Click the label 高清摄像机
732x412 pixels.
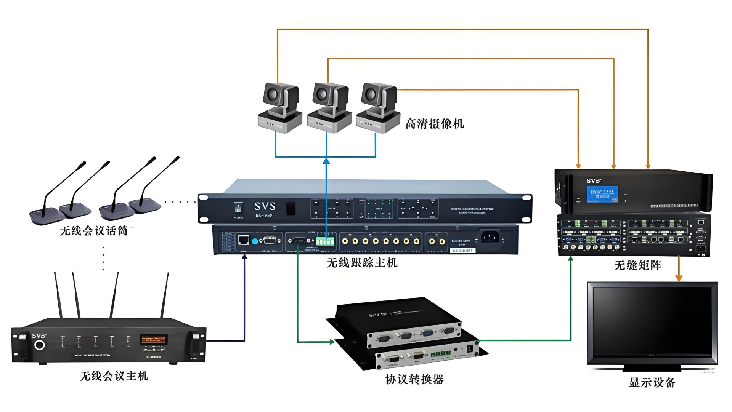[434, 124]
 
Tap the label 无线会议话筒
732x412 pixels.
[94, 231]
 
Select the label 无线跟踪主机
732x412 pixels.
[362, 263]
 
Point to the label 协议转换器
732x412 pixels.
[414, 379]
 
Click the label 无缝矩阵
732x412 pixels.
[637, 265]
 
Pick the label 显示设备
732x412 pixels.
[652, 382]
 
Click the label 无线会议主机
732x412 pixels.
[114, 376]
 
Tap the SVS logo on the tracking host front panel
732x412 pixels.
[265, 206]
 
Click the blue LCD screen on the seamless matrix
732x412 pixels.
[602, 194]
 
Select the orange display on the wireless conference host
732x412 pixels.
[154, 339]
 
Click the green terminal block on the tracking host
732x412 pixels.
[325, 241]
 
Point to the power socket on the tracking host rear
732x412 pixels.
[490, 237]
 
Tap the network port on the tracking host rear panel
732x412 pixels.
[244, 240]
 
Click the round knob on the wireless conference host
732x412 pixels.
[39, 345]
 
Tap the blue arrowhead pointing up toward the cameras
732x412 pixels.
[326, 161]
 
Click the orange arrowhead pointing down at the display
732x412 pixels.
[679, 278]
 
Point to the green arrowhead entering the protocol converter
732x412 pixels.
[332, 342]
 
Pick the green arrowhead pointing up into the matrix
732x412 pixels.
[571, 259]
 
